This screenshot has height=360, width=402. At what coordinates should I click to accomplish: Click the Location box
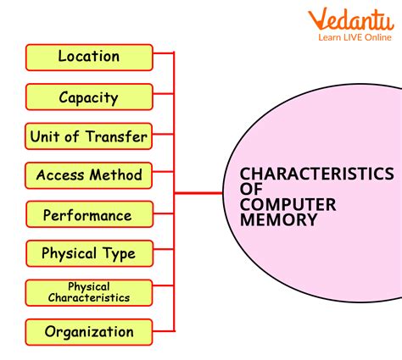89,58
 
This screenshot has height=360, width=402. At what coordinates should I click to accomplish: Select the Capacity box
89,97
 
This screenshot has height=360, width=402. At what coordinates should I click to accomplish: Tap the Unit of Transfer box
89,136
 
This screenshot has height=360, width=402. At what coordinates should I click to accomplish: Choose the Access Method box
89,176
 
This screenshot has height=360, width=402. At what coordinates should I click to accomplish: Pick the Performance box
89,215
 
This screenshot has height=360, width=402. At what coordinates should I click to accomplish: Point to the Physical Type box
89,253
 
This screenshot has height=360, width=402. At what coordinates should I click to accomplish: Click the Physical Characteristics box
89,292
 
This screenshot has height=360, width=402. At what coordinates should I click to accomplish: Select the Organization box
89,332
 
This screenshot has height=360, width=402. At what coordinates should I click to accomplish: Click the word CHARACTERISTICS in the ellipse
316,174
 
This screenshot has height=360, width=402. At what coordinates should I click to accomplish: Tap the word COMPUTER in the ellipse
288,204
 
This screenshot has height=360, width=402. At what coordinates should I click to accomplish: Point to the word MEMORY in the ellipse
278,219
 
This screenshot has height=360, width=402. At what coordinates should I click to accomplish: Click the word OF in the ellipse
250,190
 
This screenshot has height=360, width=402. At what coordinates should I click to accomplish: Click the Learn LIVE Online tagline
355,37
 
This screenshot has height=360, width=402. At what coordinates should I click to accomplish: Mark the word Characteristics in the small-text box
89,297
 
